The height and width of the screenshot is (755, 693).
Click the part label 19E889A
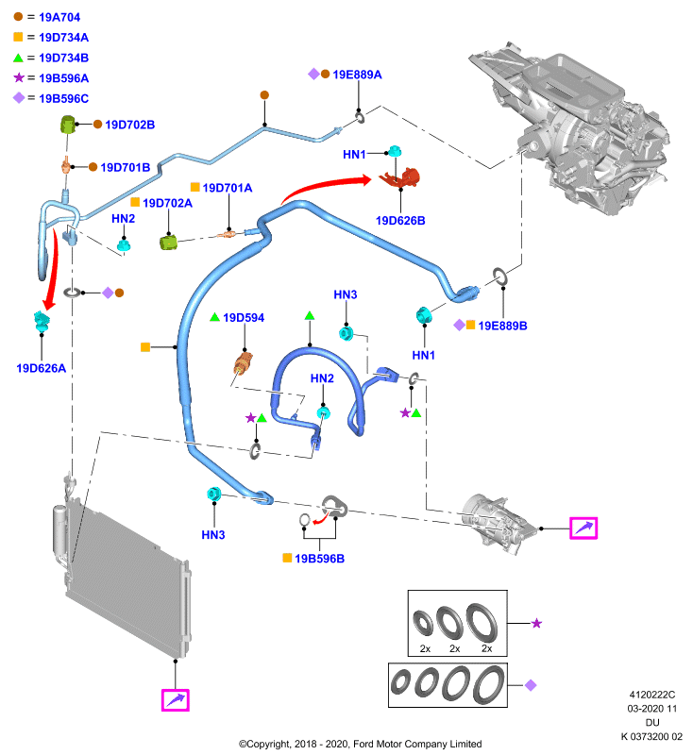pyautogui.click(x=357, y=75)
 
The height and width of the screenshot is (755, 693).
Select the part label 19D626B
pyautogui.click(x=400, y=221)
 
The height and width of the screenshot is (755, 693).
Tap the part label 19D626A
pyautogui.click(x=41, y=368)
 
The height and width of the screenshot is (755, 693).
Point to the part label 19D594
pyautogui.click(x=244, y=318)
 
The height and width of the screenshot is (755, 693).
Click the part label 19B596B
pyautogui.click(x=320, y=559)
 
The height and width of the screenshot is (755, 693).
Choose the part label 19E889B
pyautogui.click(x=502, y=326)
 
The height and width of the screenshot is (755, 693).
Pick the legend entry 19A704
pyautogui.click(x=59, y=17)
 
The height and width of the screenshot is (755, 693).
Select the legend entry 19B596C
pyautogui.click(x=63, y=99)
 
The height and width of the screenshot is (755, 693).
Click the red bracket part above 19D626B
pyautogui.click(x=399, y=177)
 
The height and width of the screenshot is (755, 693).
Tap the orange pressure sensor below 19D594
pyautogui.click(x=243, y=363)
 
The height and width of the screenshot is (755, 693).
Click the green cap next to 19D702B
pyautogui.click(x=68, y=125)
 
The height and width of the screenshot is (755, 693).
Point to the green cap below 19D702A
pyautogui.click(x=168, y=242)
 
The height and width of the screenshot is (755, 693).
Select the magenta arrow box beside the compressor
pyautogui.click(x=583, y=528)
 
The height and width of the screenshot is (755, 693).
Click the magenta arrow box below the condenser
pyautogui.click(x=176, y=699)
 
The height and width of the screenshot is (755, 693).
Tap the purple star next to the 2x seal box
pyautogui.click(x=536, y=624)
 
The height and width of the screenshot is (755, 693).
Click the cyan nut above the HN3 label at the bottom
pyautogui.click(x=213, y=494)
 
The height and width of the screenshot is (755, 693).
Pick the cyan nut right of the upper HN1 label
pyautogui.click(x=395, y=151)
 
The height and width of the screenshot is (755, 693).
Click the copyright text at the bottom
pyautogui.click(x=361, y=744)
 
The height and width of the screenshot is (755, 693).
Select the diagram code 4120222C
pyautogui.click(x=652, y=695)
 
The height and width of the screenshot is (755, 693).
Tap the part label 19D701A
pyautogui.click(x=228, y=188)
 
